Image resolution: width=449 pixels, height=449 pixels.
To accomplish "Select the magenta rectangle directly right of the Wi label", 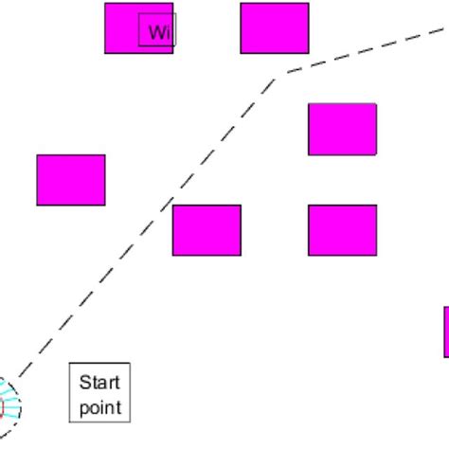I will click(x=275, y=27).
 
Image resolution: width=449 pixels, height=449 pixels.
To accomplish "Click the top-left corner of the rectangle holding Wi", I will click(x=105, y=4).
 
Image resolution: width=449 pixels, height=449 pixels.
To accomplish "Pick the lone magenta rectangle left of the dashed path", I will click(x=71, y=180).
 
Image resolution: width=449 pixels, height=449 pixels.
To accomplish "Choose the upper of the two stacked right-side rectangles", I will click(x=342, y=129).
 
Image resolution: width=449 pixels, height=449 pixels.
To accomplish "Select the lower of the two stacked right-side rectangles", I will click(x=342, y=230).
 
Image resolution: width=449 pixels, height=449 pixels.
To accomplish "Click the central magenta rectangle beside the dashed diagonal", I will click(x=207, y=230).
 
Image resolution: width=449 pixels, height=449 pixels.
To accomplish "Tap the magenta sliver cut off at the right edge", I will click(x=446, y=332).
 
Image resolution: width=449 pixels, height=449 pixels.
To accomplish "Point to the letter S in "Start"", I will click(x=82, y=384).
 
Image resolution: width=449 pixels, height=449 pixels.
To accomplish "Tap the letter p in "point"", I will click(x=82, y=409).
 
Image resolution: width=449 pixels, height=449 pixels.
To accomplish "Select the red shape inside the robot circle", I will click(x=2, y=408).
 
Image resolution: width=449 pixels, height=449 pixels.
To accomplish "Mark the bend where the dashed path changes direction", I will click(x=278, y=75).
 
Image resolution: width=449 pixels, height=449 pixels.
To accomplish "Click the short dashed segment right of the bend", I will click(x=360, y=53).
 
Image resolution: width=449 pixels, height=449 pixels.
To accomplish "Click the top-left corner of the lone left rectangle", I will click(x=38, y=155).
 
